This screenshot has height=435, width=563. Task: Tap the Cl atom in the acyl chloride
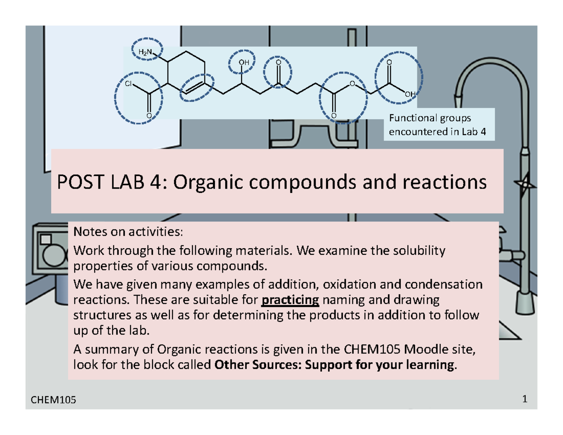pyautogui.click(x=129, y=84)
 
